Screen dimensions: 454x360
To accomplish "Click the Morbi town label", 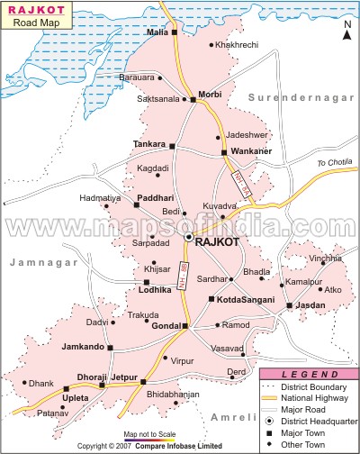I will [x=211, y=94].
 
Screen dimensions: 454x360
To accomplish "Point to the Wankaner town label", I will [x=253, y=151].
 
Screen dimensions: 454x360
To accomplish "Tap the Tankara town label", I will [x=149, y=144].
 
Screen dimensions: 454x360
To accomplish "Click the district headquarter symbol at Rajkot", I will [x=188, y=237].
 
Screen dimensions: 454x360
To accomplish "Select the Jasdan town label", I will [x=308, y=306].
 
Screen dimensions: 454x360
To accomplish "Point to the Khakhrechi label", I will [x=238, y=44].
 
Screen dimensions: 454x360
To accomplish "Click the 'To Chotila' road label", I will [x=331, y=163].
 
